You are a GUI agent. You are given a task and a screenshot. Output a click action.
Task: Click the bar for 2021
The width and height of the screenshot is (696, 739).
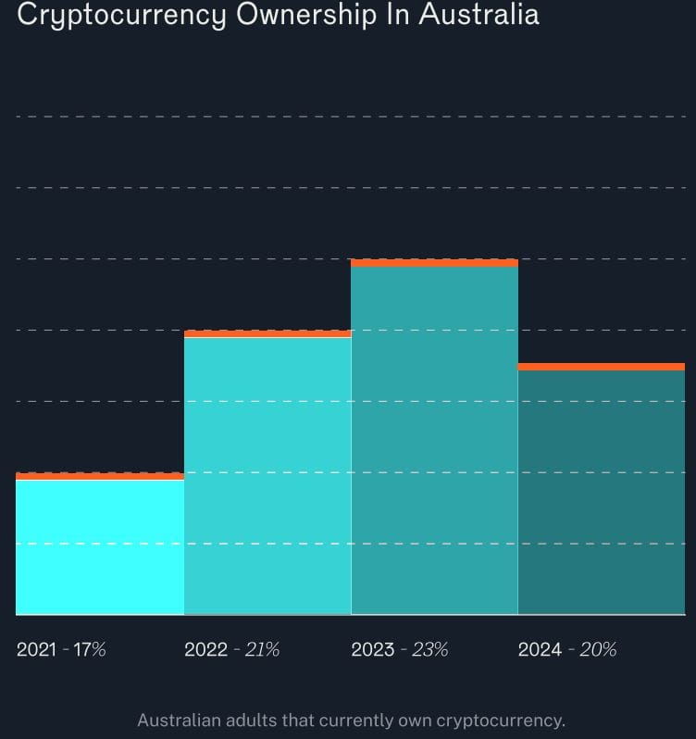point(100,546)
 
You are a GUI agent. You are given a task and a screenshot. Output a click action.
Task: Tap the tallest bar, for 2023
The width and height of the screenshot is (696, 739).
point(434,440)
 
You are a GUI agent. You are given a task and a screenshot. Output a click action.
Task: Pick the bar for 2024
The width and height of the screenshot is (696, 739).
point(601,491)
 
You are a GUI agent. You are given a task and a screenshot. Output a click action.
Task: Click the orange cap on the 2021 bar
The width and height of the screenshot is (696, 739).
point(100,476)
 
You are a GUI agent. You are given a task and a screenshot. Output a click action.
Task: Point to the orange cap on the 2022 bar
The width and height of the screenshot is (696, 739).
point(267,333)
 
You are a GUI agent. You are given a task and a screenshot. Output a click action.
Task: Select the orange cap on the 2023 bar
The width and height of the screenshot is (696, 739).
point(434,263)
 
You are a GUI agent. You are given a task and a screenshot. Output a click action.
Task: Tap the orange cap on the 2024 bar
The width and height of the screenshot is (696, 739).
point(601,367)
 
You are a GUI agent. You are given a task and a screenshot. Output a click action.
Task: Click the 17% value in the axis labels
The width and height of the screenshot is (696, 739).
point(90,649)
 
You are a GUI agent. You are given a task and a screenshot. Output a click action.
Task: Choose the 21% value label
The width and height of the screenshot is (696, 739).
point(262,649)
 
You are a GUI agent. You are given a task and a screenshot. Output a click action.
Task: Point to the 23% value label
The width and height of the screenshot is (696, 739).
point(429,649)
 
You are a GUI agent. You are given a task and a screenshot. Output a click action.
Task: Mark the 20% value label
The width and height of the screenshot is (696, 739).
point(598,649)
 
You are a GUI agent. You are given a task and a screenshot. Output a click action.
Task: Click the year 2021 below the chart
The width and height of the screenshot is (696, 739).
point(36,649)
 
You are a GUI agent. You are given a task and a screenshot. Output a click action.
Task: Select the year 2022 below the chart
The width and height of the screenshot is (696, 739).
point(205,649)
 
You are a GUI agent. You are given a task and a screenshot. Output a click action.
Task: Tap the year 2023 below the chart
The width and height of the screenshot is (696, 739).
point(372,649)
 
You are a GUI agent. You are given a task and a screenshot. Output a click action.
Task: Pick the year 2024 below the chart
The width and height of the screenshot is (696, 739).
point(540,649)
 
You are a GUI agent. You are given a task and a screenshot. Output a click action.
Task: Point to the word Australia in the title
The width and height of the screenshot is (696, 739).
point(481,15)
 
